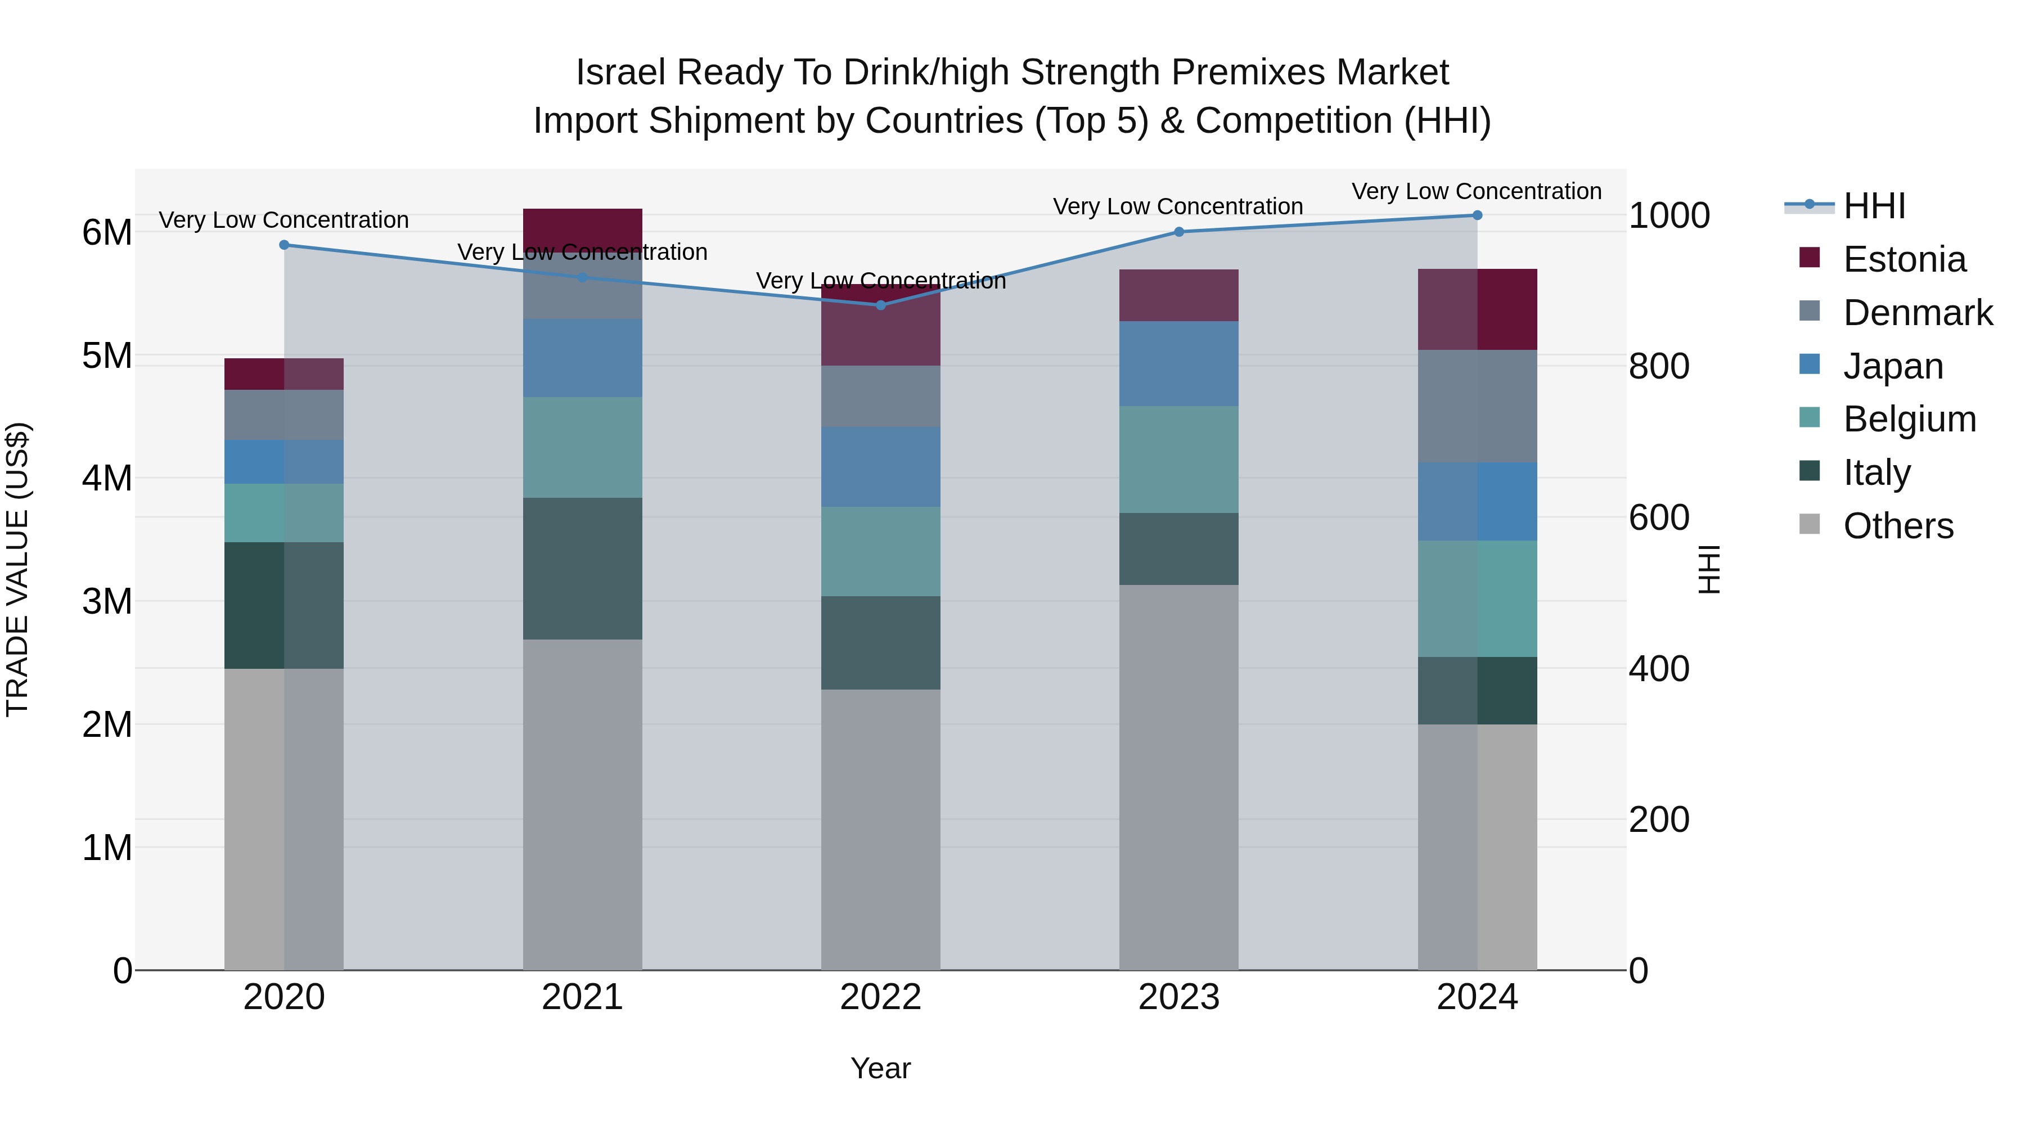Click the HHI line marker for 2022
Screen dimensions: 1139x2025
[880, 305]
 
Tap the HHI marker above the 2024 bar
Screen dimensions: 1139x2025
[1477, 215]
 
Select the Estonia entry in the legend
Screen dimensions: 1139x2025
[1903, 259]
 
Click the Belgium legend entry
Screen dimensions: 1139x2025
[1908, 419]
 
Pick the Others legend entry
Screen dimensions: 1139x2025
[1897, 526]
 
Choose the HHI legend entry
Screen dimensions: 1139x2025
[1873, 206]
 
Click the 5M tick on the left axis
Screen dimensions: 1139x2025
[107, 355]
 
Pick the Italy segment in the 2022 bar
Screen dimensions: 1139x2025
[880, 642]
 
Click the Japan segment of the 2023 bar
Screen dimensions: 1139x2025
[1178, 363]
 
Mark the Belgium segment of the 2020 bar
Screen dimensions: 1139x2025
[284, 512]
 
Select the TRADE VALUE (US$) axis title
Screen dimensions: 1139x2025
[17, 569]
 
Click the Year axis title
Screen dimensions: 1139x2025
[880, 1068]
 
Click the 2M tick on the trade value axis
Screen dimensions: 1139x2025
[107, 724]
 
